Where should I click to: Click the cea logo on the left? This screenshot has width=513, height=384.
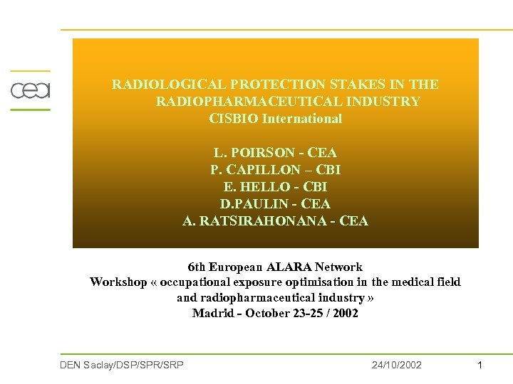coord(30,90)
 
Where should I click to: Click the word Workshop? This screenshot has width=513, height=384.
coord(118,282)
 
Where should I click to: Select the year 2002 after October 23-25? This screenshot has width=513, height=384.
coord(344,313)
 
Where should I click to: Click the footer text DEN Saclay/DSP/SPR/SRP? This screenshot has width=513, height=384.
coord(122,365)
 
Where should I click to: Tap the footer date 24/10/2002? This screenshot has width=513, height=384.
coord(397,365)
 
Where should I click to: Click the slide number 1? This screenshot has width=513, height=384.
coord(480,365)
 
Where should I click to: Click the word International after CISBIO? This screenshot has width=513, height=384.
coord(302,119)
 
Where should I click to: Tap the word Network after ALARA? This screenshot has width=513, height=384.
coord(338,267)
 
